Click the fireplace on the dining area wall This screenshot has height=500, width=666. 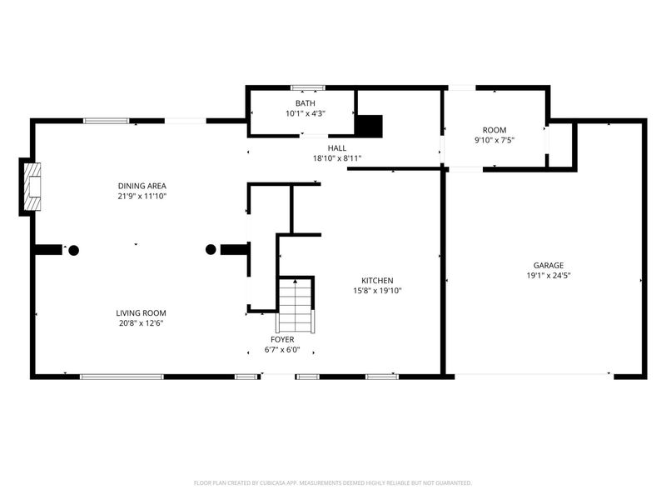pyautogui.click(x=32, y=187)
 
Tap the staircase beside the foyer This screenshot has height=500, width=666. pyautogui.click(x=295, y=305)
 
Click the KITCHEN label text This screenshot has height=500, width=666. pyautogui.click(x=376, y=280)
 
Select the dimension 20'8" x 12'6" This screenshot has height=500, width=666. pyautogui.click(x=141, y=323)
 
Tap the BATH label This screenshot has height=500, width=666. pyautogui.click(x=306, y=103)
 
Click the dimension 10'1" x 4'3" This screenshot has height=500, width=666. pyautogui.click(x=306, y=113)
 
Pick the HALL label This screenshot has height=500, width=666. pyautogui.click(x=336, y=147)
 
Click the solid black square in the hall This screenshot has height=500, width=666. pyautogui.click(x=369, y=125)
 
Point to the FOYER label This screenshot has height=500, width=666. pyautogui.click(x=281, y=339)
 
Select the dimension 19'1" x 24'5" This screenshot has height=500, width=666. pyautogui.click(x=548, y=275)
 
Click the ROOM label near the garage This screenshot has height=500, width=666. pyautogui.click(x=495, y=130)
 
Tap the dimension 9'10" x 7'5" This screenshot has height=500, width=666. pyautogui.click(x=495, y=140)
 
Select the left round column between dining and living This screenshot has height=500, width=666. pyautogui.click(x=73, y=249)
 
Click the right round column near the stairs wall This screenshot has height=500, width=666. pyautogui.click(x=211, y=248)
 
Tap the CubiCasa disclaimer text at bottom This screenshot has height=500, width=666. pyautogui.click(x=333, y=482)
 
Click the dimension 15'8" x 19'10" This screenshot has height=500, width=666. pyautogui.click(x=376, y=291)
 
